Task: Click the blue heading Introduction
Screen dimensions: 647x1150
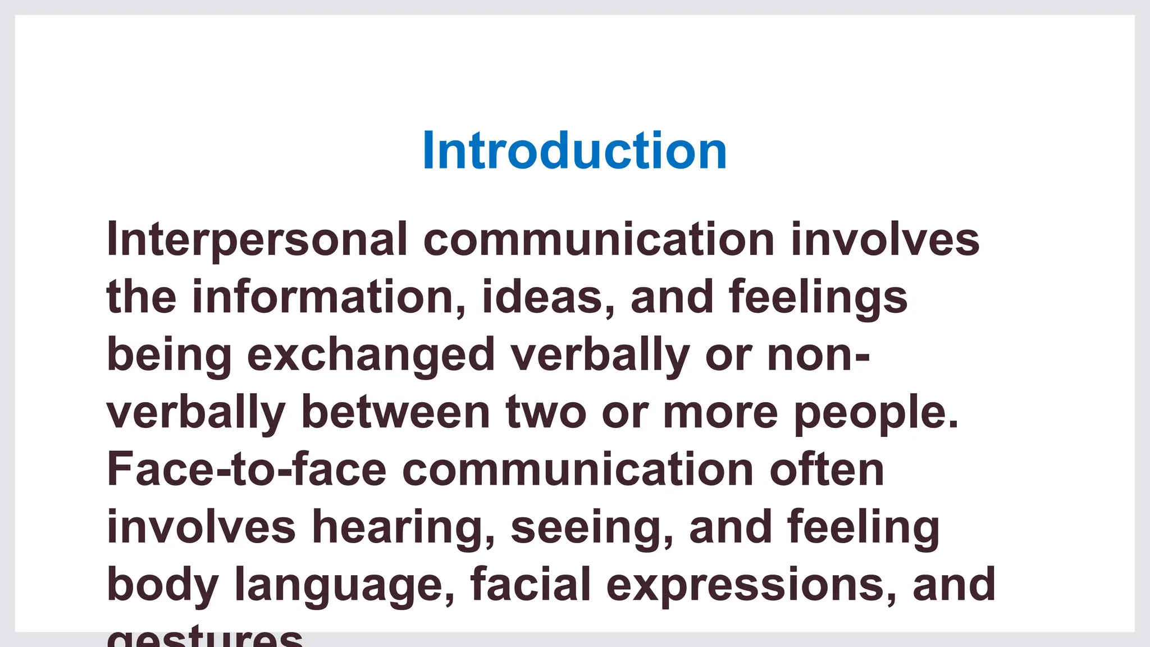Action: click(x=574, y=150)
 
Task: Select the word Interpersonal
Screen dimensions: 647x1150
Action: click(x=257, y=240)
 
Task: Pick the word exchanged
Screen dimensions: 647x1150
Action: click(x=371, y=356)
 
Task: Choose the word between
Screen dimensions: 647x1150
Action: click(x=396, y=413)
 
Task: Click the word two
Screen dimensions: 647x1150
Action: click(x=546, y=413)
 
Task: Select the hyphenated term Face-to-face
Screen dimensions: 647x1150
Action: click(x=247, y=470)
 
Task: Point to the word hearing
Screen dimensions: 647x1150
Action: click(x=404, y=528)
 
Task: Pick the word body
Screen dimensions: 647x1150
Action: click(x=162, y=586)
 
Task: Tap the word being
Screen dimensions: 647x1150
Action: click(x=169, y=356)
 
